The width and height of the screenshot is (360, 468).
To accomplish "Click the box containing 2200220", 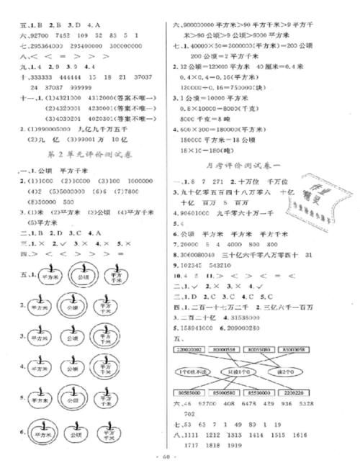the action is tap(297, 392).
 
